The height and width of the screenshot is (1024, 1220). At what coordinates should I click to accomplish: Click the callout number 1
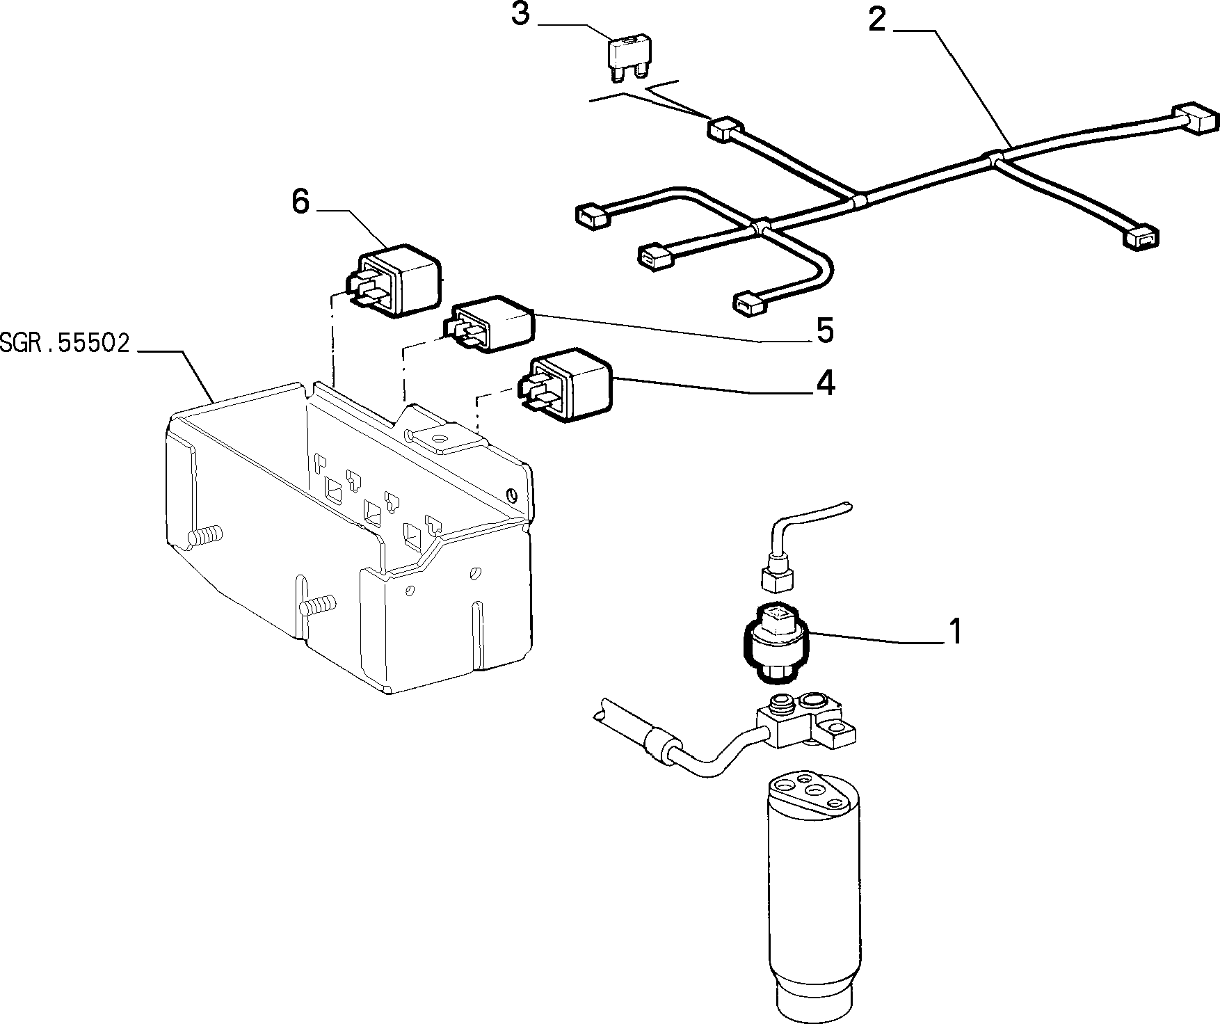click(956, 631)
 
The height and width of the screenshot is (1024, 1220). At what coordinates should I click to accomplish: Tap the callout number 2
click(878, 21)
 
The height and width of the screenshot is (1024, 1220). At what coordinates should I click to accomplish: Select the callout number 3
click(520, 14)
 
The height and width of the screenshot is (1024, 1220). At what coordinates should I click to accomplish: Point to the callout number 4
click(825, 383)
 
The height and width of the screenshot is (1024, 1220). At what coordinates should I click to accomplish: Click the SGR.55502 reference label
click(65, 344)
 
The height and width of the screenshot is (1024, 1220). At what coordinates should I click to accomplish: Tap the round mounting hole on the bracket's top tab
click(438, 439)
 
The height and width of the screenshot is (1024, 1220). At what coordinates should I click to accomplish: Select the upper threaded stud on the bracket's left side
click(204, 536)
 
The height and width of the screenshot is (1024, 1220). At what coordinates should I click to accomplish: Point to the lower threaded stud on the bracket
click(317, 605)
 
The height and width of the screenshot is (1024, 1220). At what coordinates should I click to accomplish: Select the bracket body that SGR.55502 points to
click(348, 536)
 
